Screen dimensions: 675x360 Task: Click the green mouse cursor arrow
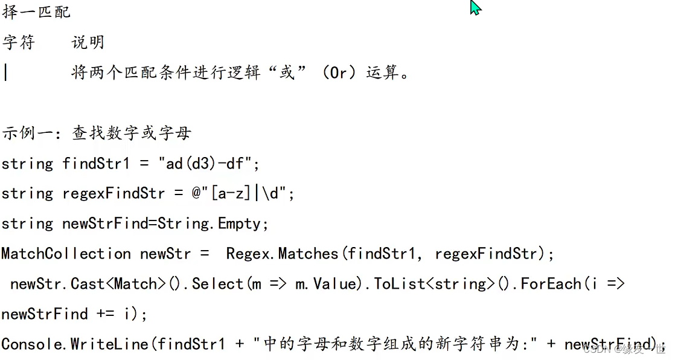475,7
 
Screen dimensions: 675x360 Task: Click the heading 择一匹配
36,11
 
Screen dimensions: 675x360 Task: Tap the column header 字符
19,42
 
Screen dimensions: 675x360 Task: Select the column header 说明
88,42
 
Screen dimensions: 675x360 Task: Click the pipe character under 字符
5,72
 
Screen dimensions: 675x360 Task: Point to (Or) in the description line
340,72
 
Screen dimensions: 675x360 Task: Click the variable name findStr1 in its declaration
96,164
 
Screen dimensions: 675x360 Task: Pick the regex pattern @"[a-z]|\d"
239,194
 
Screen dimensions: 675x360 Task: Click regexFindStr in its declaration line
114,194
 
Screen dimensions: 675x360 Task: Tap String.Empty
210,224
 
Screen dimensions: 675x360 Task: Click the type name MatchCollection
66,254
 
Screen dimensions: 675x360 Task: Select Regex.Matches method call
283,254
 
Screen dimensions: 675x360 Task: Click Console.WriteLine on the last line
75,344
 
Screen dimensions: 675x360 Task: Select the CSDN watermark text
624,349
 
